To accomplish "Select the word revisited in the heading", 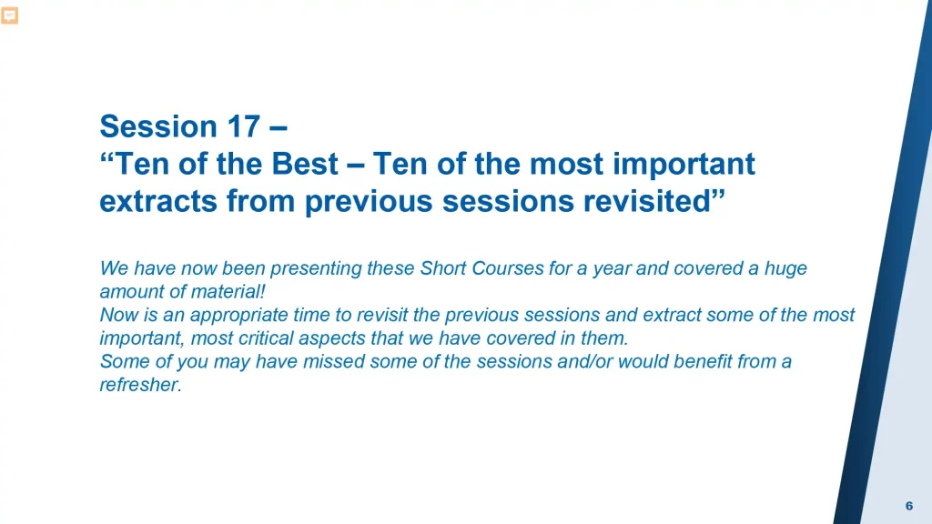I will pyautogui.click(x=653, y=201).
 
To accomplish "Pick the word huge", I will pyautogui.click(x=785, y=269).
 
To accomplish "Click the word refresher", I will pyautogui.click(x=141, y=385).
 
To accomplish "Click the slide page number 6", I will pyautogui.click(x=909, y=506).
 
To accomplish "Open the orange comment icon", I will pyautogui.click(x=9, y=15).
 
